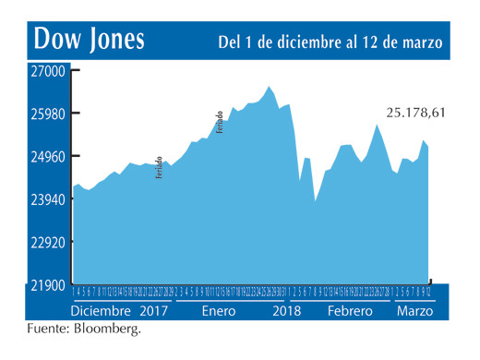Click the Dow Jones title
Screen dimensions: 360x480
pos(90,40)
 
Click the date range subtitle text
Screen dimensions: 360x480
pos(330,42)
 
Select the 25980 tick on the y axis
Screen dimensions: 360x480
pos(46,114)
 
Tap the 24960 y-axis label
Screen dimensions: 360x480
pos(46,157)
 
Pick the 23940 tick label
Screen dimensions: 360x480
pos(46,200)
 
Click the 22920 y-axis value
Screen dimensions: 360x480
pos(46,243)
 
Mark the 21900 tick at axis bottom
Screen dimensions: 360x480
pos(46,286)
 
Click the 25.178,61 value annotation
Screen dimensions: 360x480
pos(415,113)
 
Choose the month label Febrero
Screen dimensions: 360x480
pos(348,311)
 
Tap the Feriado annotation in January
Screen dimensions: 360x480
pos(221,121)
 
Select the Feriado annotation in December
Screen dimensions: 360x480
pos(159,167)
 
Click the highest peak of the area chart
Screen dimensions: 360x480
pos(270,87)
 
